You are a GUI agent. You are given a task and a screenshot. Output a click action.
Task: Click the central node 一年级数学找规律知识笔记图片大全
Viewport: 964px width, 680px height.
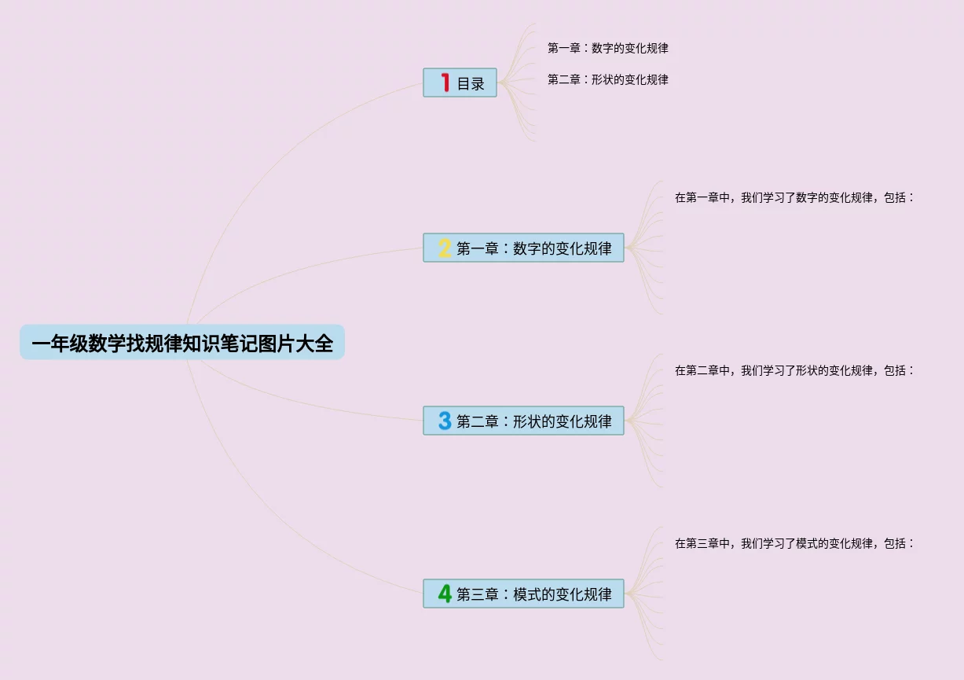pyautogui.click(x=181, y=343)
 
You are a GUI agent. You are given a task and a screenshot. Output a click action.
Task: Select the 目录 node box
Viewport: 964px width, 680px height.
pyautogui.click(x=460, y=83)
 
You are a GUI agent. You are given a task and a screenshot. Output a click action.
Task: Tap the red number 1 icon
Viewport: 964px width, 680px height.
pyautogui.click(x=445, y=83)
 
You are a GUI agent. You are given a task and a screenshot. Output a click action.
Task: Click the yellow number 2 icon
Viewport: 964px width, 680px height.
pyautogui.click(x=445, y=248)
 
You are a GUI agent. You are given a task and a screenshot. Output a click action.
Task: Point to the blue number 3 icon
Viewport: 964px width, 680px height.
pyautogui.click(x=445, y=421)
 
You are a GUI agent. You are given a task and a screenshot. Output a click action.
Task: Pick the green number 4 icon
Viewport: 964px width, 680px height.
pyautogui.click(x=445, y=594)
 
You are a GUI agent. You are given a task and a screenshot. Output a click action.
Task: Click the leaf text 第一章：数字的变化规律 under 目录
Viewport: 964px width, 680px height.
pyautogui.click(x=607, y=48)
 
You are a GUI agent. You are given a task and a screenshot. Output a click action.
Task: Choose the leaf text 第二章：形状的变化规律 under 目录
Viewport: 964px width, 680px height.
pyautogui.click(x=607, y=79)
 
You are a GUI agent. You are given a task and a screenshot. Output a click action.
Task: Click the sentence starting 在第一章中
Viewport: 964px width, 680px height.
pyautogui.click(x=794, y=197)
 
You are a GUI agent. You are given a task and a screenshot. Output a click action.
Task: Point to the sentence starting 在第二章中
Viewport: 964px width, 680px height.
pyautogui.click(x=794, y=370)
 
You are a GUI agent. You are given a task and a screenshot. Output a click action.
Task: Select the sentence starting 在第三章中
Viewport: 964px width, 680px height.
pyautogui.click(x=794, y=543)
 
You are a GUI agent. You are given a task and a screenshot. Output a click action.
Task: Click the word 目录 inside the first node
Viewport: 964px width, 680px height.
pyautogui.click(x=471, y=83)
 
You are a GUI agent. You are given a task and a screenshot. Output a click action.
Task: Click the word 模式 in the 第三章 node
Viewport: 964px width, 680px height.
pyautogui.click(x=527, y=594)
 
